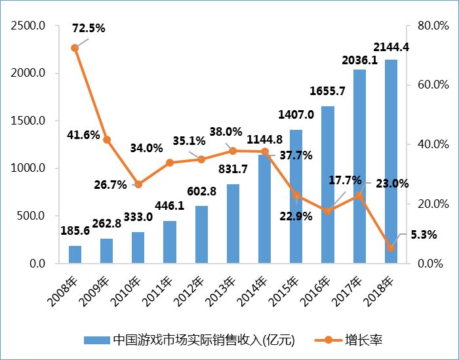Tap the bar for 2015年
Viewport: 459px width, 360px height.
point(296,197)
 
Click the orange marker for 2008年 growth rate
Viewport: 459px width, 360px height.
point(75,48)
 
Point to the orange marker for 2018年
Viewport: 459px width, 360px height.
point(391,247)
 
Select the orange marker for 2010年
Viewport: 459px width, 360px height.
point(138,184)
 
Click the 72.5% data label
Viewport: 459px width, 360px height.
point(89,28)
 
